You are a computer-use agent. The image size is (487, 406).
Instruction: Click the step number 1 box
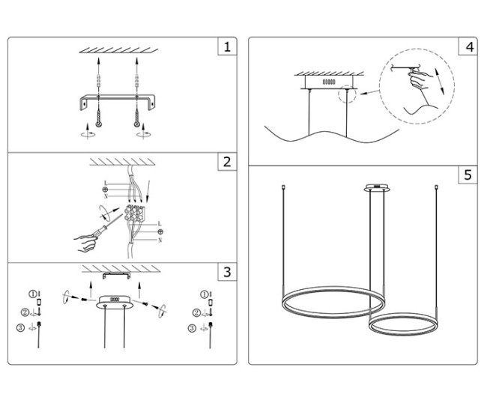coord(227,47)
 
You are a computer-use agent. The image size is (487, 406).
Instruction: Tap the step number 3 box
coord(227,272)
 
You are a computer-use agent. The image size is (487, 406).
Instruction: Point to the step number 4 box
coord(468,47)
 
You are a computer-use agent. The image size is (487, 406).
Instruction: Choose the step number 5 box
coord(468,175)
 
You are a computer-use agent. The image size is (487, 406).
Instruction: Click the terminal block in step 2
coord(139,217)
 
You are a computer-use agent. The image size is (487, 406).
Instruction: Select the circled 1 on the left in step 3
coord(33,294)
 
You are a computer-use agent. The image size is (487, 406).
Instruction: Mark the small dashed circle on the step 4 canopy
coord(346,94)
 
